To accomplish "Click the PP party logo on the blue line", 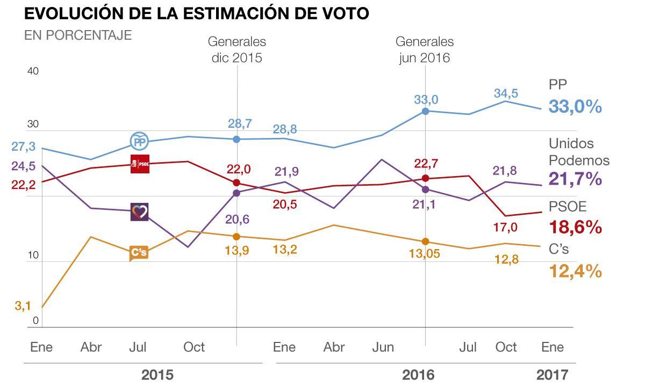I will pos(140,141).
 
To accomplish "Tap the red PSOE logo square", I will pos(140,164).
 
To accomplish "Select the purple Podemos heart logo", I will pos(140,211).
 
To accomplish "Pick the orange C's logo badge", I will pos(139,253).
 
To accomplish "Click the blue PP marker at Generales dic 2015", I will pos(236,139).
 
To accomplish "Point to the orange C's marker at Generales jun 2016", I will pos(425,242).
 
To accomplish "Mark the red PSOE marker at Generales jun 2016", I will pos(425,178).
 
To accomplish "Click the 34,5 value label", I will pos(506,93).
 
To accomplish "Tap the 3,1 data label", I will pos(23,306).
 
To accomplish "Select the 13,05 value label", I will pos(425,254).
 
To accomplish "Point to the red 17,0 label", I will pos(505,228).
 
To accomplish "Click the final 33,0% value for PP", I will pos(575,106).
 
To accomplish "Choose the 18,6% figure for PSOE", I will pos(575,227).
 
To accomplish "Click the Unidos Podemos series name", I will pos(579,152).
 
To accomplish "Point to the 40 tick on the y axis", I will pos(33,71).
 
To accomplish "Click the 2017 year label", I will pos(552,375).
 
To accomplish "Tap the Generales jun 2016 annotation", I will pos(425,49).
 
